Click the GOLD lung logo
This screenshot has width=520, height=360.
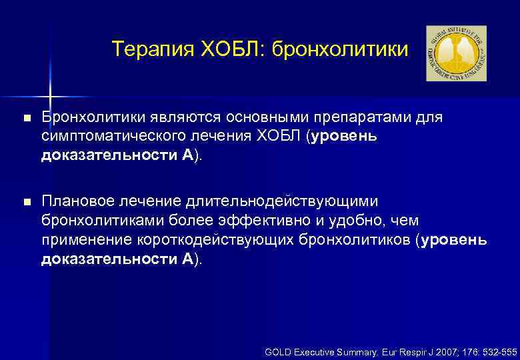(456, 53)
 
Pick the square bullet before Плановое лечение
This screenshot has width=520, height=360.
(26, 202)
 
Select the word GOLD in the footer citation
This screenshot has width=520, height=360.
(279, 351)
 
